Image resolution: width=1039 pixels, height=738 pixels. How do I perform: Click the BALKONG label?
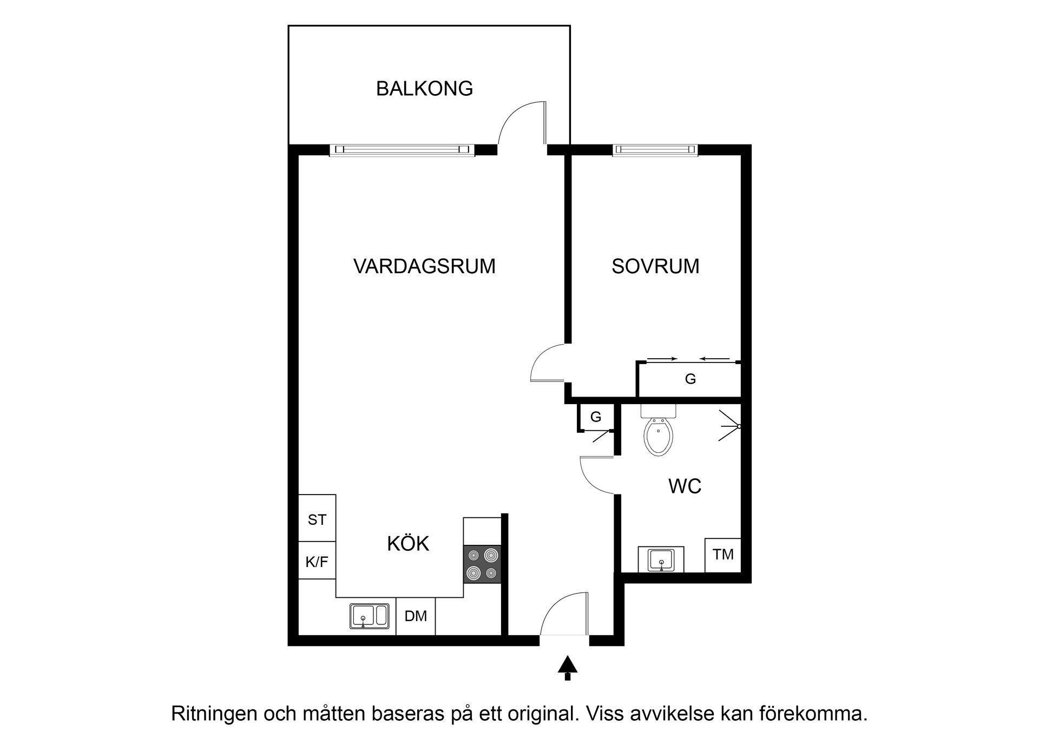coord(424,89)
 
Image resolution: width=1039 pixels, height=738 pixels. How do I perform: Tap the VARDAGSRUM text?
coord(424,267)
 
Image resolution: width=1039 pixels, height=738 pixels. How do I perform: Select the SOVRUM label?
coord(655,267)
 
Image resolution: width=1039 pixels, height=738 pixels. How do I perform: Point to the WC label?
coord(685,486)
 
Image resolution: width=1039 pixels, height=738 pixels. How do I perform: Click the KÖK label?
coord(408,544)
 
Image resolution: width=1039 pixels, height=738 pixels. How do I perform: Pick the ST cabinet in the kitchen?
coord(317,520)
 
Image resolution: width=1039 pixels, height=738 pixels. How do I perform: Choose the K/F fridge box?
coord(317,562)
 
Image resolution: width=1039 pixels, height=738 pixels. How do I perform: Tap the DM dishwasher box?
coord(416,616)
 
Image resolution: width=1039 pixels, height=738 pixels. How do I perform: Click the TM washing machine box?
coord(723,555)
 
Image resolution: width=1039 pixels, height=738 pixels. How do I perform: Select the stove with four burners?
coord(482,564)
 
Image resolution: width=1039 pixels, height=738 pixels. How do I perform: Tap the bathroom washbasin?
coord(661,559)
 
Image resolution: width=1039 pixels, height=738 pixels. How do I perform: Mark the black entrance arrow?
coord(567,668)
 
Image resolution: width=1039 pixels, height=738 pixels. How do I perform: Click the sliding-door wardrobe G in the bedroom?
coord(690,379)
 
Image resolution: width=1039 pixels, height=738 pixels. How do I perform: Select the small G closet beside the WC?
coord(596,417)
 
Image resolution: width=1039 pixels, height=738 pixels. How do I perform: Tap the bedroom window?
coord(655,150)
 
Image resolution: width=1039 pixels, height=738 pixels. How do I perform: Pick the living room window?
coord(402,150)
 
